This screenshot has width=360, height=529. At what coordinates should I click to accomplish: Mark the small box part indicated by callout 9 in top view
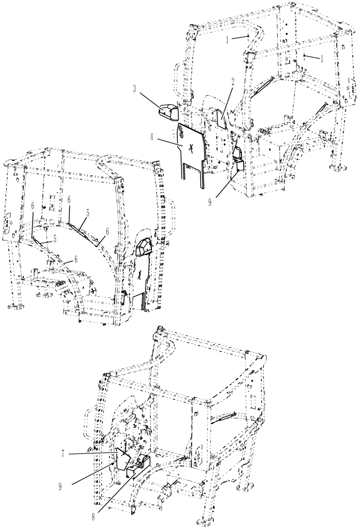tap(236, 165)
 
